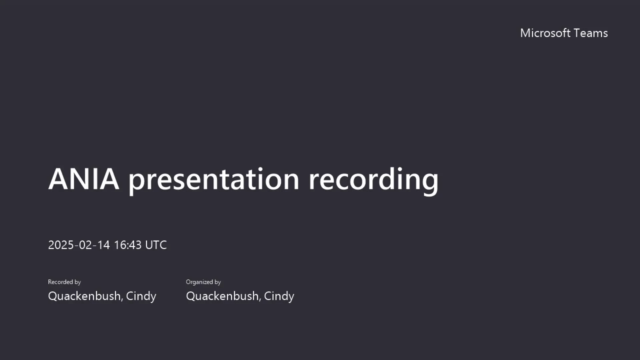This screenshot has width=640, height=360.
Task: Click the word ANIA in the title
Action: pyautogui.click(x=84, y=179)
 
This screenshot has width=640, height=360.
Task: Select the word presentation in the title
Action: pyautogui.click(x=214, y=180)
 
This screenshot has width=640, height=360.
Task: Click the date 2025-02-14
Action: pyautogui.click(x=79, y=245)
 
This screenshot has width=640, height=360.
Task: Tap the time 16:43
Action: pyautogui.click(x=128, y=245)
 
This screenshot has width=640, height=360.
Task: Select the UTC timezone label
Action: pyautogui.click(x=156, y=245)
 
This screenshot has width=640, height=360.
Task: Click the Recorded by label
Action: pyautogui.click(x=64, y=282)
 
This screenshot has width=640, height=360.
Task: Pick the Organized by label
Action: pyautogui.click(x=203, y=282)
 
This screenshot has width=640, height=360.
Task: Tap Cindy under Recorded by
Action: pyautogui.click(x=141, y=296)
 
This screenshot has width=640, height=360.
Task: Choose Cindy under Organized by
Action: pyautogui.click(x=279, y=296)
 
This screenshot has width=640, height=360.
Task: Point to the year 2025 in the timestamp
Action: pyautogui.click(x=61, y=245)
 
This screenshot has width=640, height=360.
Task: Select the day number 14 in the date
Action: pyautogui.click(x=104, y=245)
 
